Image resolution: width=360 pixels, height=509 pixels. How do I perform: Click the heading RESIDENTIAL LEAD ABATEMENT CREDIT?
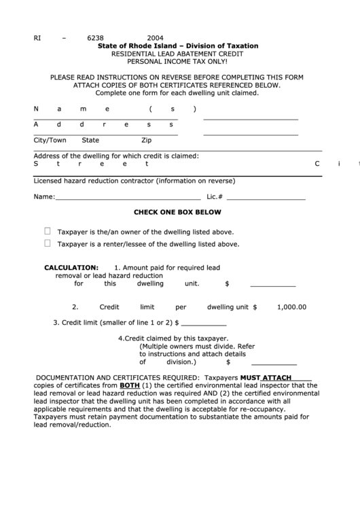tap(178, 53)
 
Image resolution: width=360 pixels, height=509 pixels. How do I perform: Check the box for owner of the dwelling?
tap(48, 230)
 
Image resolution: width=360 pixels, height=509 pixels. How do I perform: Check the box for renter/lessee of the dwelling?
tap(48, 243)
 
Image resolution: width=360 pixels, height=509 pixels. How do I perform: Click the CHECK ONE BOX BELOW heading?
tap(177, 212)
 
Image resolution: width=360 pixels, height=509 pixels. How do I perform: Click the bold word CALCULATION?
tap(71, 268)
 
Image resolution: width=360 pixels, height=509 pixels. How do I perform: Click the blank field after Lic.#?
tap(266, 198)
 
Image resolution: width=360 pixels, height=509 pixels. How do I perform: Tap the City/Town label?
tap(50, 141)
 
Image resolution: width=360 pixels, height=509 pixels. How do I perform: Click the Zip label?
tap(146, 141)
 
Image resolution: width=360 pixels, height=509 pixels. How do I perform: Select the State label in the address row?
tap(90, 141)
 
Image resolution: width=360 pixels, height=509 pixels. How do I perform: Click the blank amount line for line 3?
tap(204, 323)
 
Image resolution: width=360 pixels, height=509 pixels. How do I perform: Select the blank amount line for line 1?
tap(274, 285)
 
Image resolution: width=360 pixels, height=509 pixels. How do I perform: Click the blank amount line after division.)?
tap(259, 363)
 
